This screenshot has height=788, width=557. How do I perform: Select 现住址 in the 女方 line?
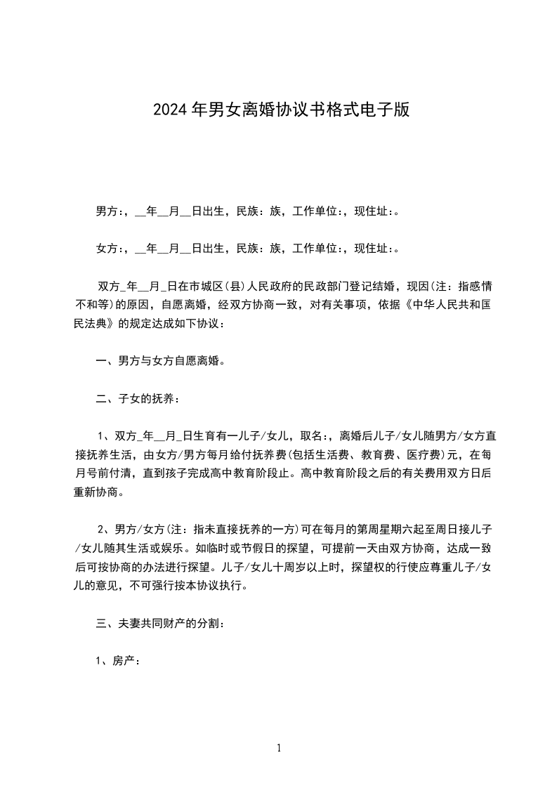pyautogui.click(x=374, y=248)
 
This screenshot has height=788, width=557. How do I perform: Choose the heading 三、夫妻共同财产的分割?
pyautogui.click(x=160, y=623)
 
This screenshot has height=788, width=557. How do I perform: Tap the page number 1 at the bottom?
pyautogui.click(x=279, y=749)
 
